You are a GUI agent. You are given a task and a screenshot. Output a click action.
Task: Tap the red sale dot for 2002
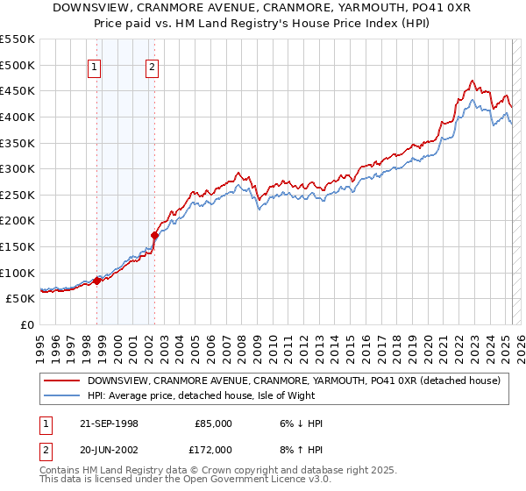click(154, 235)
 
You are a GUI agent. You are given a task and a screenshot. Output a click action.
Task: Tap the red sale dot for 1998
click(97, 281)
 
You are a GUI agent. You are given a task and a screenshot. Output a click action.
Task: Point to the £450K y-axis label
click(18, 90)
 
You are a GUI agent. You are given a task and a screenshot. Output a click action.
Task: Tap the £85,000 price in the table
click(213, 423)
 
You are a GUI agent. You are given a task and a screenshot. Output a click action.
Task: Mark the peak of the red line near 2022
click(473, 81)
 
